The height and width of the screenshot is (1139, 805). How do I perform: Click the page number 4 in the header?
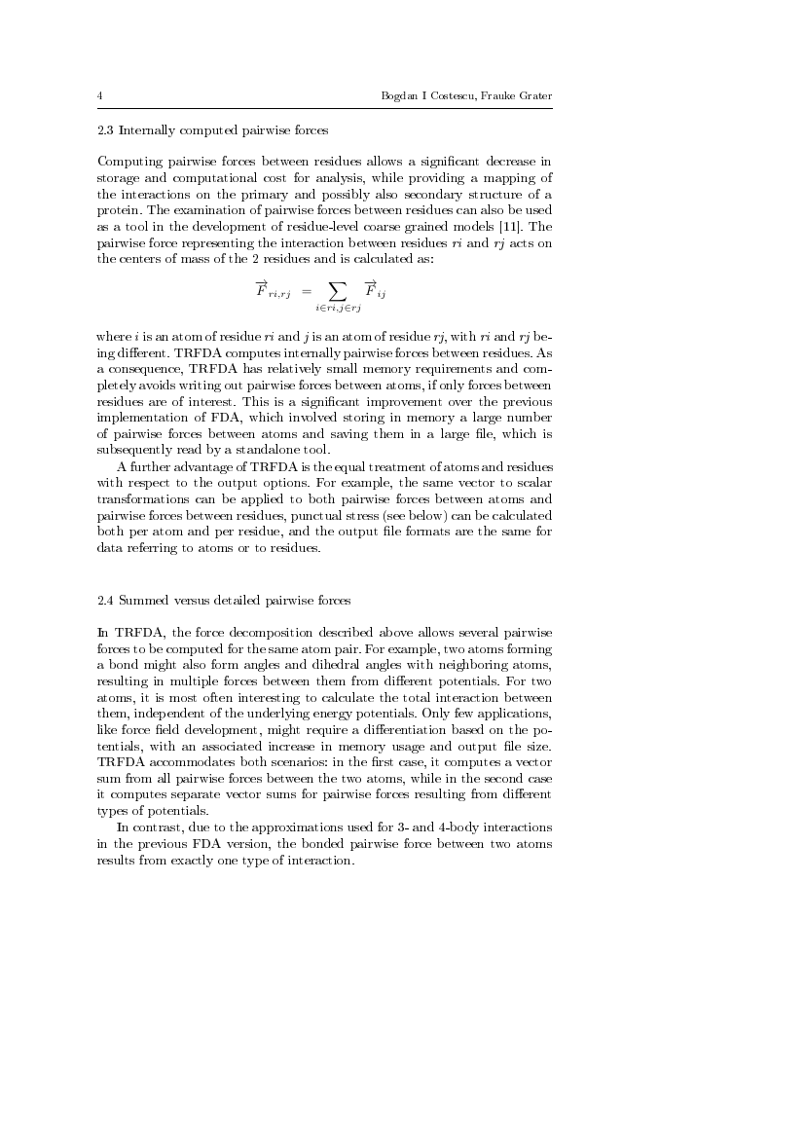tap(101, 95)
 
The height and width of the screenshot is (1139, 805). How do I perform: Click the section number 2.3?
tap(106, 129)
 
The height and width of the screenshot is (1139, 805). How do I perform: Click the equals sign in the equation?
tap(305, 290)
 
